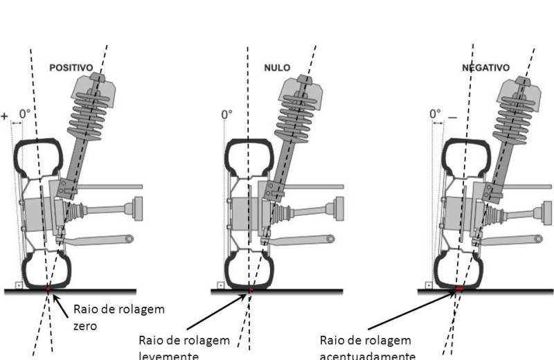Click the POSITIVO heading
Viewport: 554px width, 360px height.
(71, 68)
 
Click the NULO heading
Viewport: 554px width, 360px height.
(277, 68)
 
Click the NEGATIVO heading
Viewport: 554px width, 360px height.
(485, 68)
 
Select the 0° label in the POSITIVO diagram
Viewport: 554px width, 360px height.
(25, 114)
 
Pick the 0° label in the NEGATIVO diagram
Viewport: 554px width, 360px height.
(435, 114)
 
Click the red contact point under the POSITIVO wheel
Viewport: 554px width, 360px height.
(48, 287)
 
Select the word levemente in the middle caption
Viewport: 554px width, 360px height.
(168, 355)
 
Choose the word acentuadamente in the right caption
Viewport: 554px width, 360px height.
(367, 355)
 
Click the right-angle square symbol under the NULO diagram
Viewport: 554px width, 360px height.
(220, 285)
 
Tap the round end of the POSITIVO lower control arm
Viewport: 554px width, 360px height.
(128, 239)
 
